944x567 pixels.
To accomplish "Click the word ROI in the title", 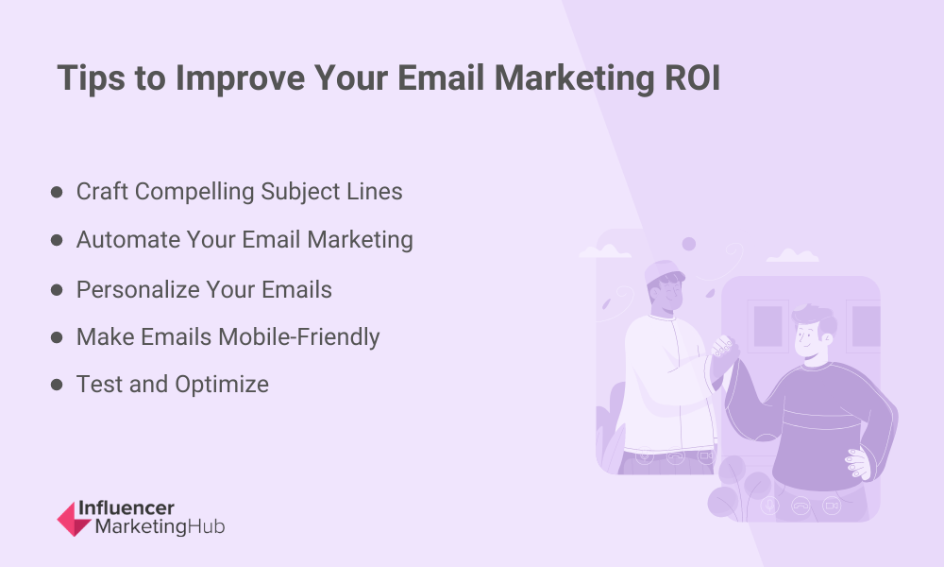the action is pos(692,78).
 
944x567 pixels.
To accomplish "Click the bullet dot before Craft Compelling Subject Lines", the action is pos(57,192).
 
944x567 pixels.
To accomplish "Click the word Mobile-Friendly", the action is pos(299,337).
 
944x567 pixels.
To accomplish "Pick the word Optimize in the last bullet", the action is pos(222,385).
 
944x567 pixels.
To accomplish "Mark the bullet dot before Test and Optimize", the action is pos(57,385).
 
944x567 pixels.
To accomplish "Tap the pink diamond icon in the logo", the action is pos(74,519).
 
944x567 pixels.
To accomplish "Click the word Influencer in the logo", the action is pos(126,508).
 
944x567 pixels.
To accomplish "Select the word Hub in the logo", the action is pos(206,526).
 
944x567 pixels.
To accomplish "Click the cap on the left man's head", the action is pos(664,272).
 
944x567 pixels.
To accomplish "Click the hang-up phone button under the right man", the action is pos(801,506).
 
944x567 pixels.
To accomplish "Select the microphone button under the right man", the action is pos(769,506).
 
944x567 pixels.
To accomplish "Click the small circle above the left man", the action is pos(689,244).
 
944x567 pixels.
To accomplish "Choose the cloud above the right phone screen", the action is pos(792,255).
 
